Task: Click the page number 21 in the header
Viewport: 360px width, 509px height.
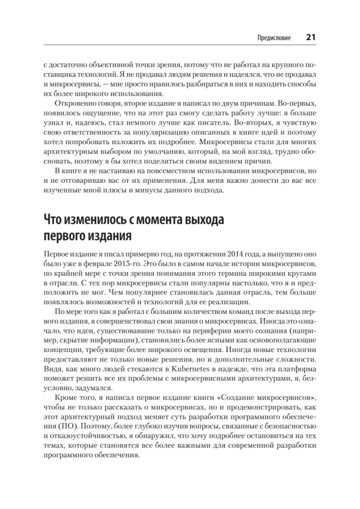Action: tap(310, 37)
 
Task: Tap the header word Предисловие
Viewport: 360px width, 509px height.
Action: tap(274, 38)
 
